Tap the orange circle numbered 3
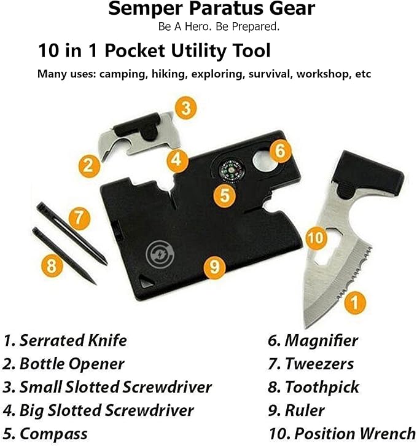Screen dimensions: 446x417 pos(185,108)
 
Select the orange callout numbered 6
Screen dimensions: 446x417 pos(280,151)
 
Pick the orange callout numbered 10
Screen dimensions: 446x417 pos(314,236)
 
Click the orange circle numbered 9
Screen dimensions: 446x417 pos(213,266)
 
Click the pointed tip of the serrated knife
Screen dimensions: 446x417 pos(307,324)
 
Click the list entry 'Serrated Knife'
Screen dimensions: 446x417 pos(73,340)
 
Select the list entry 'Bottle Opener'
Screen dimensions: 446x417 pos(72,363)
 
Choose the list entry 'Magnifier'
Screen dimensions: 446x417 pos(321,340)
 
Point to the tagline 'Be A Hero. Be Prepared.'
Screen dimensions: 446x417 pos(211,28)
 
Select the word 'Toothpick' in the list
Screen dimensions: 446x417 pos(322,387)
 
